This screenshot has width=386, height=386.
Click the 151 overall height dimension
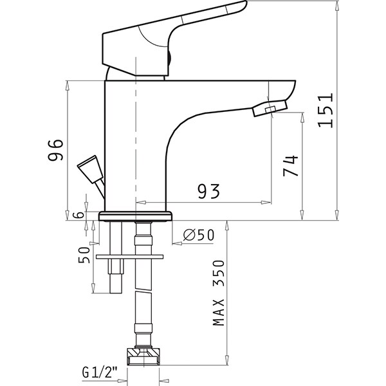[x=326, y=110]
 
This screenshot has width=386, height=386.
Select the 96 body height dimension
[x=55, y=150]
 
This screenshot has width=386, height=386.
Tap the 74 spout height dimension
[x=291, y=166]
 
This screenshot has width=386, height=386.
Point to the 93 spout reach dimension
[x=208, y=191]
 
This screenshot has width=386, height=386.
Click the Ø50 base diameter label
[x=199, y=235]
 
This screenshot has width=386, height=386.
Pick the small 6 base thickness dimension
[x=79, y=215]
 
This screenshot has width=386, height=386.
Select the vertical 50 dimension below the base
[x=84, y=255]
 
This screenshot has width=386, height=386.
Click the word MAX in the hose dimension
[x=219, y=313]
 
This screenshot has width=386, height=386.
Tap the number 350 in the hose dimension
[x=219, y=273]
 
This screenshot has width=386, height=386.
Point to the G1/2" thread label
[x=100, y=372]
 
